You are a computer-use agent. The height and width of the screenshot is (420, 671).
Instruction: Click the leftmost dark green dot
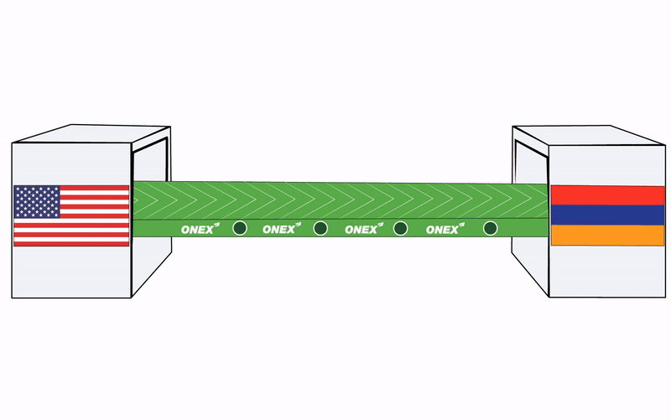tap(239, 227)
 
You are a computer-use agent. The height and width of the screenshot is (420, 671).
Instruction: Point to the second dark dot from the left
tap(320, 227)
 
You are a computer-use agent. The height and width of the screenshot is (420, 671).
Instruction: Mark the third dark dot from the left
tap(401, 227)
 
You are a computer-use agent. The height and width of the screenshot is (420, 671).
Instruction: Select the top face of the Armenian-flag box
tap(587, 137)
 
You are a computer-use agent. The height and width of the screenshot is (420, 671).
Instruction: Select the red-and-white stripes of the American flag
tap(92, 231)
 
